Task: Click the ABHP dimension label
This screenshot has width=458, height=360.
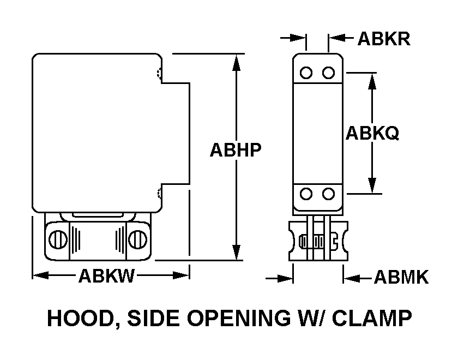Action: coord(236,150)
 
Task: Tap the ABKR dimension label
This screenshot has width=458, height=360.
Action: coord(384,39)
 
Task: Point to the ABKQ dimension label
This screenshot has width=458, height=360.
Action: coord(372,133)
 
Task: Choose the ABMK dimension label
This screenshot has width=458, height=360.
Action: coord(401,278)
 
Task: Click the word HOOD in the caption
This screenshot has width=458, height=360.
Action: coord(79,318)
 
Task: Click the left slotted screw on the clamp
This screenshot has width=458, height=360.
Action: coord(58,238)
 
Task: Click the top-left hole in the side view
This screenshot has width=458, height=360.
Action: coord(306,73)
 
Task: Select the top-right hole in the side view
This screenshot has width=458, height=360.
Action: coord(328,73)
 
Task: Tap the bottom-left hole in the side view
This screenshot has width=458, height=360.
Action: coord(306,194)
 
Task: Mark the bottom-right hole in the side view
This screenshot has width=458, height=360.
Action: coord(328,194)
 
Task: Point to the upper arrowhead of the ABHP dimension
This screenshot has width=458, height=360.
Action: coord(236,62)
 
